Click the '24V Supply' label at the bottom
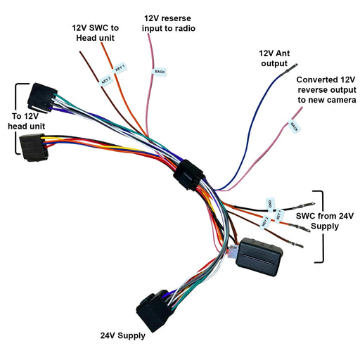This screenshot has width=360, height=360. point(122,335)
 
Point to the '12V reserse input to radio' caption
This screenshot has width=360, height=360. point(169,22)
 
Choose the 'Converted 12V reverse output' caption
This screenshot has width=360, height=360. point(326,90)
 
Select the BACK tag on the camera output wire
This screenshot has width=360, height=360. point(295,126)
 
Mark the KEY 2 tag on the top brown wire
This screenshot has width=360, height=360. point(105,80)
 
